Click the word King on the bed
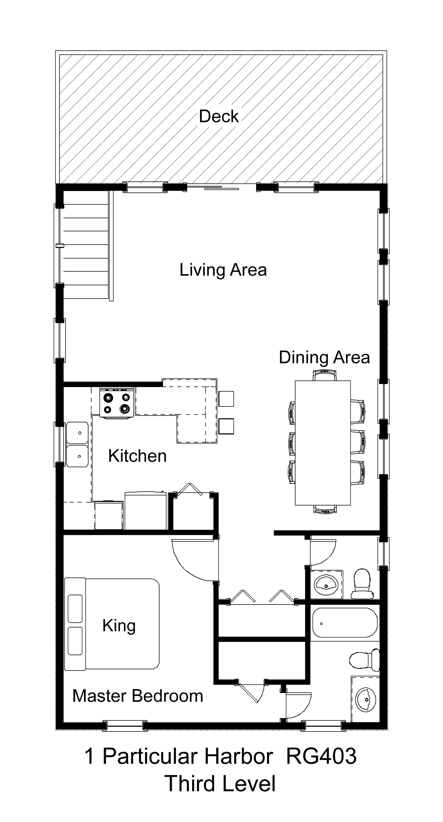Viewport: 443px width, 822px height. pyautogui.click(x=119, y=626)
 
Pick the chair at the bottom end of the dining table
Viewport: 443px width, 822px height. pyautogui.click(x=325, y=509)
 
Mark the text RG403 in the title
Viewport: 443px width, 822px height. pyautogui.click(x=321, y=757)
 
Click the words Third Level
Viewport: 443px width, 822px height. pyautogui.click(x=220, y=784)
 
